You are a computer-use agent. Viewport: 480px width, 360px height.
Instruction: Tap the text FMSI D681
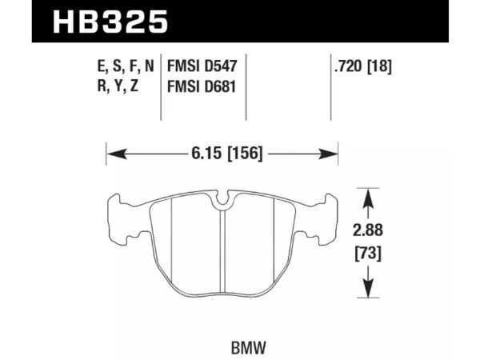pos(206,86)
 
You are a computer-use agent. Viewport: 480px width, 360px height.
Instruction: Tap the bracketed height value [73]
pos(367,256)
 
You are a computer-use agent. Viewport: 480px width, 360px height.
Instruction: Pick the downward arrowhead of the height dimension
pos(367,294)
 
